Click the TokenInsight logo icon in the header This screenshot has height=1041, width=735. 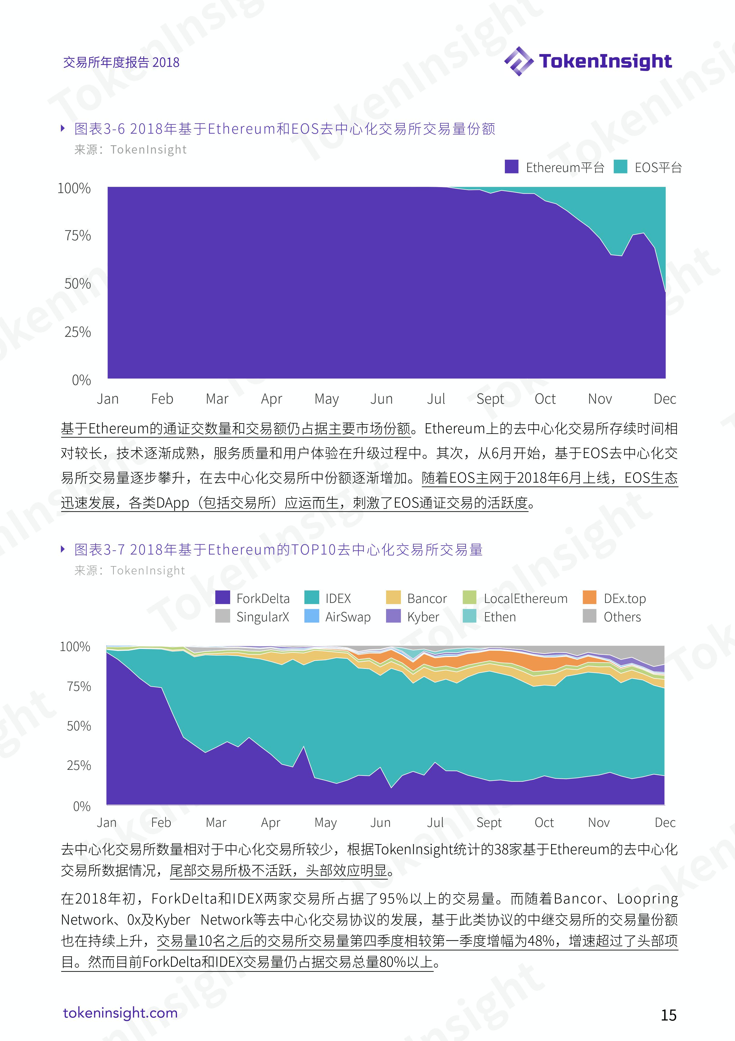click(x=519, y=61)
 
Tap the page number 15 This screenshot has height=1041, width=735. click(x=668, y=1015)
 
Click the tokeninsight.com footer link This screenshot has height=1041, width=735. click(x=120, y=1013)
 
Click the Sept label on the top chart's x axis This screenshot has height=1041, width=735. click(x=490, y=399)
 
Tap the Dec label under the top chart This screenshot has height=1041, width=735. click(x=665, y=399)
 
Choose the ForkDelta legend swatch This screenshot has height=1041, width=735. click(x=223, y=598)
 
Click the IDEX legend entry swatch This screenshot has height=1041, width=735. click(x=312, y=598)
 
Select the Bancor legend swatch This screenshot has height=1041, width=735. click(x=393, y=598)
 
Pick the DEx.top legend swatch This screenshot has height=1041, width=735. click(x=589, y=598)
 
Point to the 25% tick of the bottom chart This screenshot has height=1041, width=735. click(x=79, y=766)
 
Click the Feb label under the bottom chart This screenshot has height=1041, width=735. click(x=161, y=822)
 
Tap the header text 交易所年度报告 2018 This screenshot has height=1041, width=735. click(x=121, y=62)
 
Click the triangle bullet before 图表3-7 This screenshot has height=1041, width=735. click(x=63, y=549)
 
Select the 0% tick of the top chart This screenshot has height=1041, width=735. click(x=82, y=380)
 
